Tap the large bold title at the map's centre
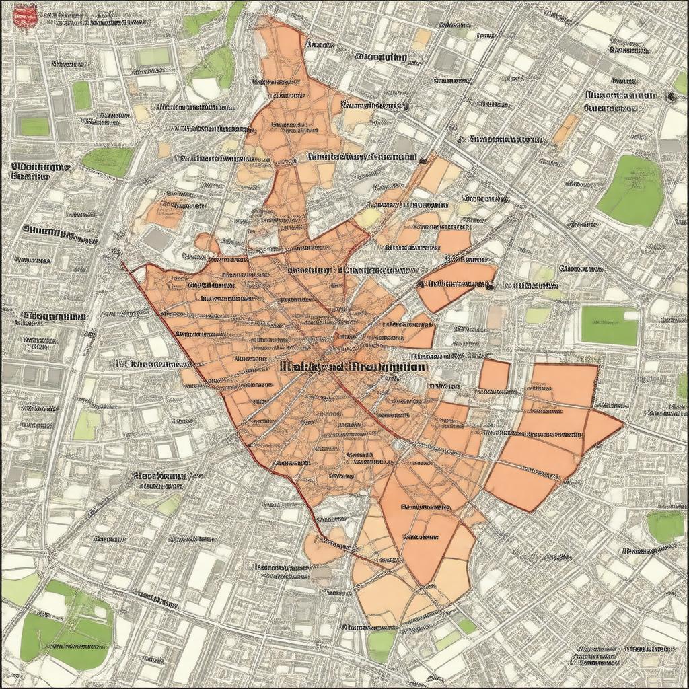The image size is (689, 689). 352,367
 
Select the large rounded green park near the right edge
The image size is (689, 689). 632,190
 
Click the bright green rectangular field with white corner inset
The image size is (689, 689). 609,326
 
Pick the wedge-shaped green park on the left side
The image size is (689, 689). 108,161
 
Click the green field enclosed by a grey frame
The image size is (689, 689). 34,125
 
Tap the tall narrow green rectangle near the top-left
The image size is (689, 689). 81,96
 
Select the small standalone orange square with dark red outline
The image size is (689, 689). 494,375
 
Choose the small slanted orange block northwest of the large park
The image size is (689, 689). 566,130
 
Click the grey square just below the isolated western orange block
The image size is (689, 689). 157,239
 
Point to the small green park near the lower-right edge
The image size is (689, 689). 665,526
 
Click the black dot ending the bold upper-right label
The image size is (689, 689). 670,97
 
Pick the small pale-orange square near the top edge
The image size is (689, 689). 422,38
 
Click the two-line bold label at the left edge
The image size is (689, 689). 40,170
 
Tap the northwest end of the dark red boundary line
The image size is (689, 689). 123,264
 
